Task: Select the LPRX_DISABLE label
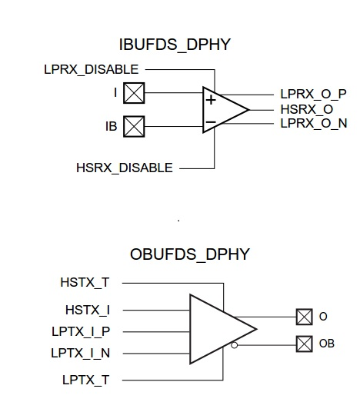(x=92, y=70)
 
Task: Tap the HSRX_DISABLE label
(x=124, y=168)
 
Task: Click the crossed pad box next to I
(x=135, y=93)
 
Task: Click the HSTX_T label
(x=85, y=282)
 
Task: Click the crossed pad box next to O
(x=302, y=315)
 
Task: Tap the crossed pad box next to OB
(x=302, y=344)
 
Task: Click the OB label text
(x=328, y=344)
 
